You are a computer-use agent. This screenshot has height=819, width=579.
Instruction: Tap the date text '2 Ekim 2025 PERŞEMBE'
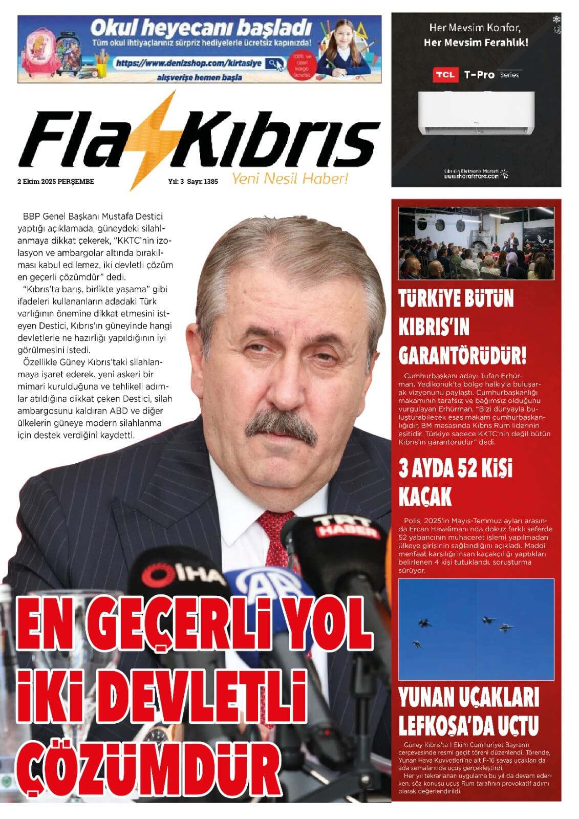pos(56,181)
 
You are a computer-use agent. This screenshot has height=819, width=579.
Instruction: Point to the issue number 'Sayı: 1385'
pos(203,181)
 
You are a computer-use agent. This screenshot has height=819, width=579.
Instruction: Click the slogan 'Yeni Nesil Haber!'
pos(290,179)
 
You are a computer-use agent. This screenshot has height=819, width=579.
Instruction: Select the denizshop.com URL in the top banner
pos(188,63)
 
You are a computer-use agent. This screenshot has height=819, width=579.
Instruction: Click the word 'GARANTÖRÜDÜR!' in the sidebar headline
pos(462,354)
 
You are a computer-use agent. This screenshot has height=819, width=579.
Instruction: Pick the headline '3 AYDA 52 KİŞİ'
pos(455,469)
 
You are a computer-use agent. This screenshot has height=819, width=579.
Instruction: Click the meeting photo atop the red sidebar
pos(476,243)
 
